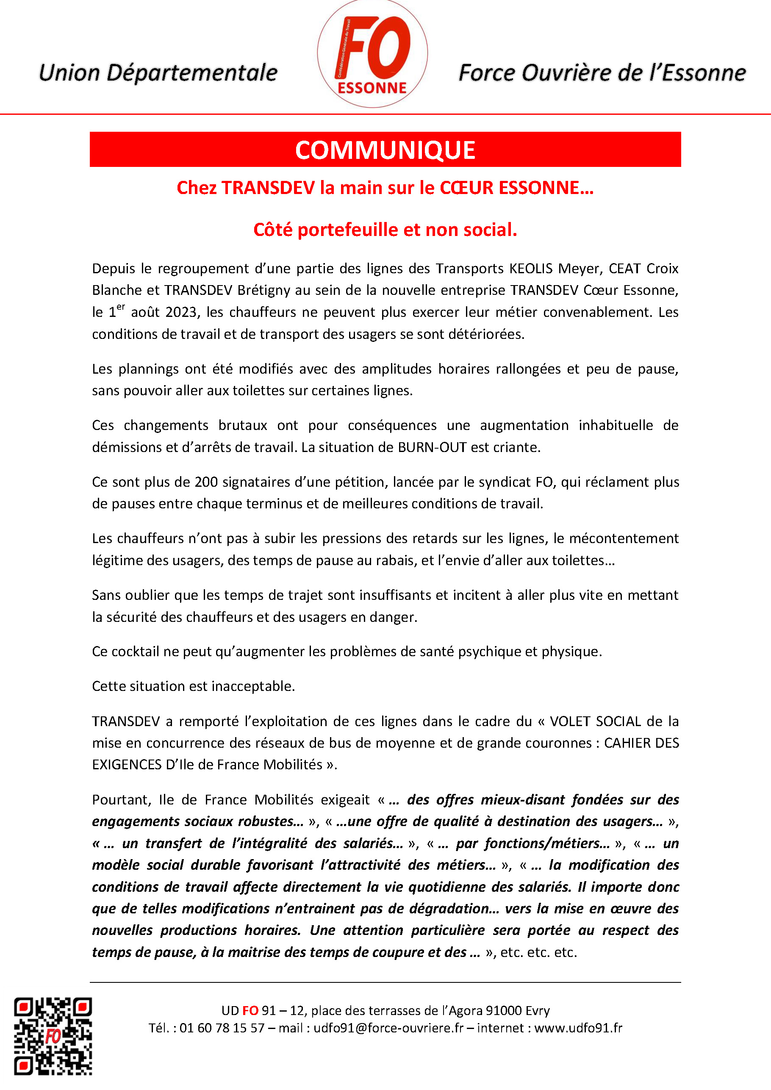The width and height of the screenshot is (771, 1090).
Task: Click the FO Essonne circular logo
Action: [x=372, y=54]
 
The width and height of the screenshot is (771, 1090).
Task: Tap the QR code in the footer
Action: [x=53, y=1036]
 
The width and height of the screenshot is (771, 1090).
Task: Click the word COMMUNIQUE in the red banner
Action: [x=385, y=150]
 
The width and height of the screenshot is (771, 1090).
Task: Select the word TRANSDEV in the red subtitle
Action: [x=268, y=188]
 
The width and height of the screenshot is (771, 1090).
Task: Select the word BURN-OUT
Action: [x=432, y=447]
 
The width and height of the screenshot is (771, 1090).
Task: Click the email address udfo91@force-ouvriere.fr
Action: [x=388, y=1028]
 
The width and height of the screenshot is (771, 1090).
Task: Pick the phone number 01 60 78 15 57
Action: [x=222, y=1028]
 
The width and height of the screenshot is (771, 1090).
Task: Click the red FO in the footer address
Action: [x=250, y=1011]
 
